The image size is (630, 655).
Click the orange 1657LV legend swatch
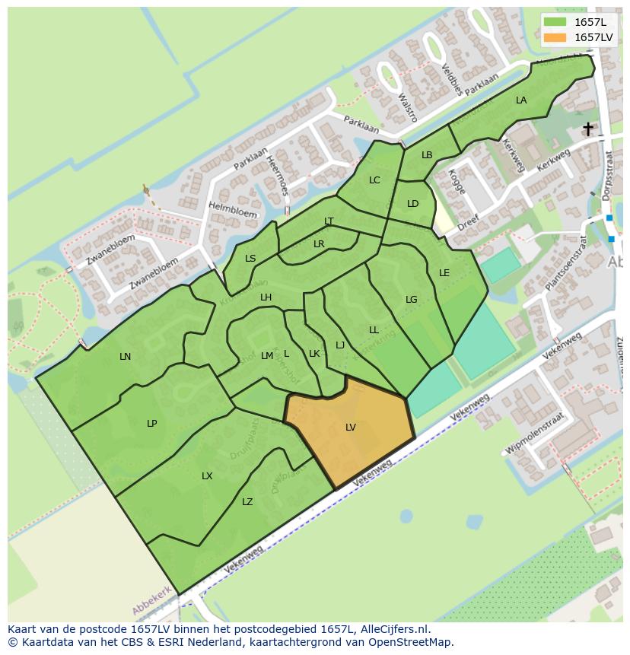click(555, 37)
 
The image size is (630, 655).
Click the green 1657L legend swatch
click(555, 22)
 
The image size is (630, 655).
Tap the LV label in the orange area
click(351, 428)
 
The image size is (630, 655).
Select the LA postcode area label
click(521, 100)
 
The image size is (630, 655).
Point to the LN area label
click(126, 357)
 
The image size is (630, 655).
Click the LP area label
click(152, 424)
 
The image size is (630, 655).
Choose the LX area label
click(207, 476)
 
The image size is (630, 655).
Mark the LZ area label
click(247, 502)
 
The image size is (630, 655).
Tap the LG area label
click(412, 300)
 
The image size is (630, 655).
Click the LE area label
click(444, 273)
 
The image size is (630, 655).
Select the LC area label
click(374, 180)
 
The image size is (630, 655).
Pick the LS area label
click(250, 259)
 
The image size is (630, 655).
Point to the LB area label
click(427, 155)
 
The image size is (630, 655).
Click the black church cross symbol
click(588, 129)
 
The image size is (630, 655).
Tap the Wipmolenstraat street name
click(536, 434)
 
